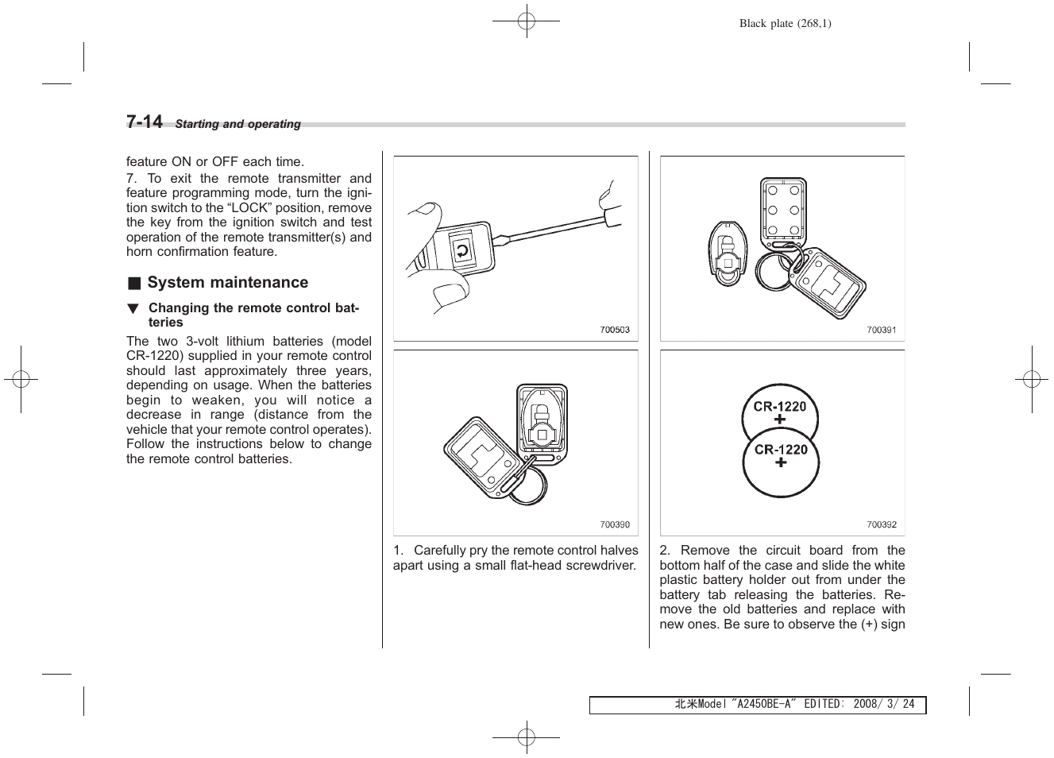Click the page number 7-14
click(144, 122)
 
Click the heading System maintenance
click(227, 282)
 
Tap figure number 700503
click(614, 330)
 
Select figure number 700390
click(614, 524)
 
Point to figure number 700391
click(881, 330)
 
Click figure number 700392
click(881, 524)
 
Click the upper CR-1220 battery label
click(779, 406)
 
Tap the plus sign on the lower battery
click(781, 462)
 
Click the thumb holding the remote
click(449, 296)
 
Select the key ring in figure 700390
click(527, 485)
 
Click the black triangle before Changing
click(133, 308)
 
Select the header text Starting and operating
click(237, 124)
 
